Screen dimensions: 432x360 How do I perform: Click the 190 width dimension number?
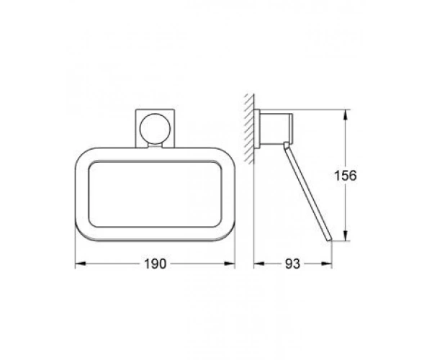pos(155,264)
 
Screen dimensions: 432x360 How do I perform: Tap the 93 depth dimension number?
pos(292,264)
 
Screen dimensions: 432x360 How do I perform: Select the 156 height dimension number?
pos(345,176)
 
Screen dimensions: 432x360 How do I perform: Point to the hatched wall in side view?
pos(249,129)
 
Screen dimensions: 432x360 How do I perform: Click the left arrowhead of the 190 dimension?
pos(81,264)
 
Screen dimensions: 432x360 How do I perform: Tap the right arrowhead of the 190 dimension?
pos(230,264)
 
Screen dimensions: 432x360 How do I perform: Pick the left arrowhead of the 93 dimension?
pos(259,264)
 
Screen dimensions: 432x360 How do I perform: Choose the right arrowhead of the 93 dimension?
pos(327,264)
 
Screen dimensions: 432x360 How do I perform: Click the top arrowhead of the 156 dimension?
pos(346,115)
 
